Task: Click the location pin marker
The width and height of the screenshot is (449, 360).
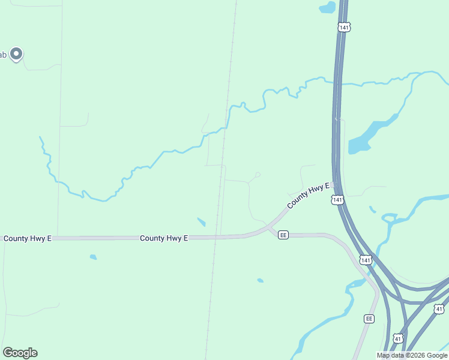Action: click(17, 54)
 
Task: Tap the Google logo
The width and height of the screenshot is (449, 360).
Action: click(20, 353)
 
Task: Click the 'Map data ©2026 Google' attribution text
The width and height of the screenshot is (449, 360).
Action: click(412, 355)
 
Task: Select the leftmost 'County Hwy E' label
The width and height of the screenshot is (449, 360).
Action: click(28, 238)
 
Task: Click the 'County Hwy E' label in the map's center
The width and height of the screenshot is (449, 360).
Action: click(164, 238)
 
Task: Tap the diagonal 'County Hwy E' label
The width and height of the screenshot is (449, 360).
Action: click(308, 196)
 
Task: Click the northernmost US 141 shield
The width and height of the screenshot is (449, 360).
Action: click(344, 28)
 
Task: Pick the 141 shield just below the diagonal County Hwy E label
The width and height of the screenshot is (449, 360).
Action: click(337, 199)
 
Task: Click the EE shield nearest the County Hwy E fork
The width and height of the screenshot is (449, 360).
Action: click(283, 235)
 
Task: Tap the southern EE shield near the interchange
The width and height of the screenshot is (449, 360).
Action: click(369, 319)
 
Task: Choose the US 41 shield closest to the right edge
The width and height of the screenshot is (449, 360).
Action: click(439, 308)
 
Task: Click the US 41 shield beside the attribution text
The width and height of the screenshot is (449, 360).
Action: click(398, 338)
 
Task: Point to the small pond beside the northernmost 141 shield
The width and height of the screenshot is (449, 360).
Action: click(327, 8)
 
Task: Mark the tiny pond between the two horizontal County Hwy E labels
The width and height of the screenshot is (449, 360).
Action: click(93, 257)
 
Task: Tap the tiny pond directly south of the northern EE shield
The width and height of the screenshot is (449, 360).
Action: click(260, 280)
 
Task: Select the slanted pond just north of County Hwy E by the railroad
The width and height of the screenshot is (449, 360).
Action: click(201, 222)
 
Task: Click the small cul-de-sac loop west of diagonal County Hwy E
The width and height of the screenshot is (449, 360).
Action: click(257, 175)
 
